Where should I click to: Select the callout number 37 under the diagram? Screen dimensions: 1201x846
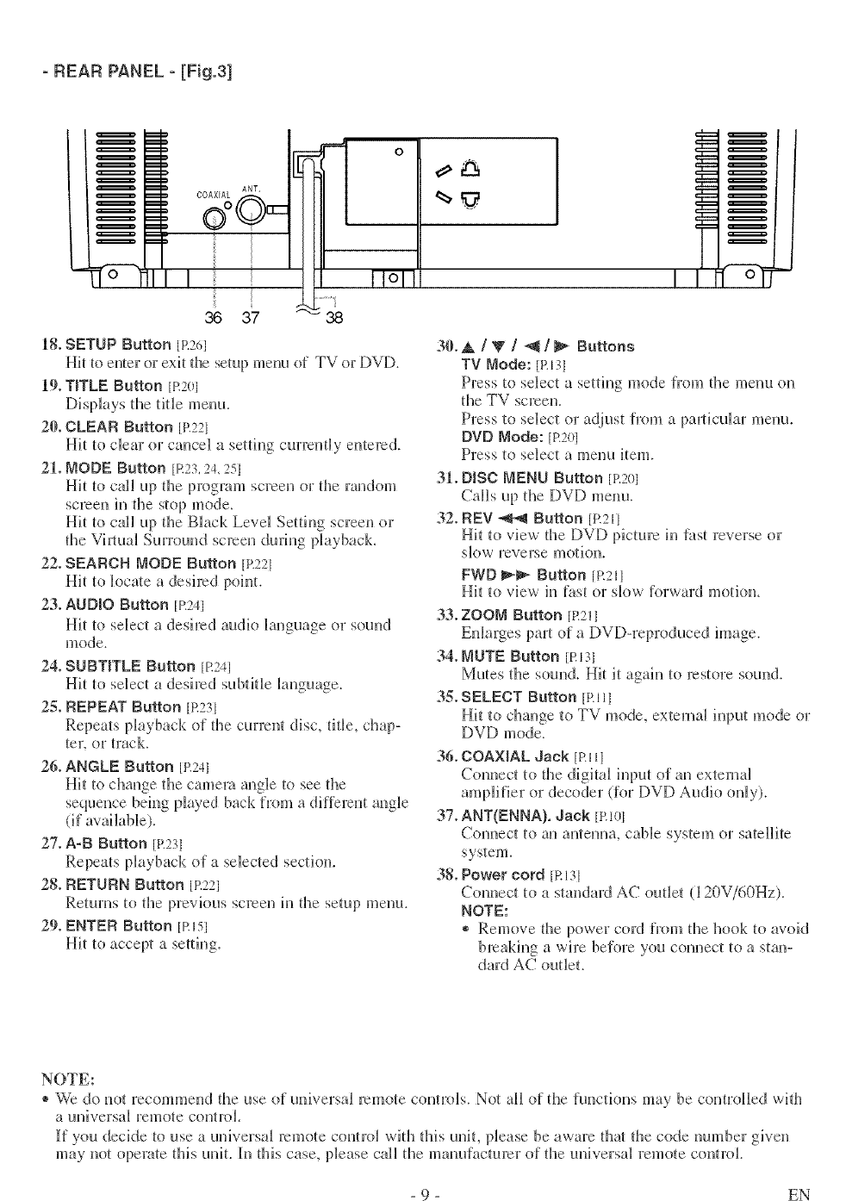[x=250, y=316]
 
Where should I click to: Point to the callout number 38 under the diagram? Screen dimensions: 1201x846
[x=335, y=316]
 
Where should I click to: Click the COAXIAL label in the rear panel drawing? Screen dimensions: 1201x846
[x=212, y=195]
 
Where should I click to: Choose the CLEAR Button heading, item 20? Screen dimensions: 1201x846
[x=119, y=426]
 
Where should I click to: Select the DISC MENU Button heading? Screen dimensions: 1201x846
[x=532, y=478]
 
